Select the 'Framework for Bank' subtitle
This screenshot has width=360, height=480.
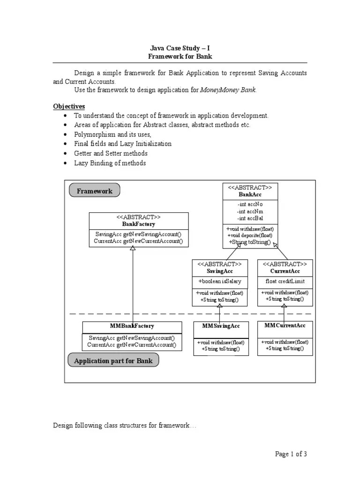(180, 57)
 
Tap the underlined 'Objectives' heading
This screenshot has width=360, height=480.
(69, 106)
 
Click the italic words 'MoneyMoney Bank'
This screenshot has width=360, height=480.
(228, 90)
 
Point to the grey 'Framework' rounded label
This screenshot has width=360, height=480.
(94, 191)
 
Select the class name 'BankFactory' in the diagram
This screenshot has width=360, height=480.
(138, 225)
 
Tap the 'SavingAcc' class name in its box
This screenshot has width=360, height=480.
(219, 271)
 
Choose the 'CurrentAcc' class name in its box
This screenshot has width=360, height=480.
(285, 271)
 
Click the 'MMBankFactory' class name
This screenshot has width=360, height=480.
(132, 326)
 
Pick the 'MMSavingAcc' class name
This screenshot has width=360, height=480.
(221, 326)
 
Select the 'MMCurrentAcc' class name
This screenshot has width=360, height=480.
(285, 325)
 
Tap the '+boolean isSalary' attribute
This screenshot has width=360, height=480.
(219, 282)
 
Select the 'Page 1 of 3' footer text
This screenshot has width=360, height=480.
(291, 454)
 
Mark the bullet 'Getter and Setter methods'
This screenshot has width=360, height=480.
(111, 153)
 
